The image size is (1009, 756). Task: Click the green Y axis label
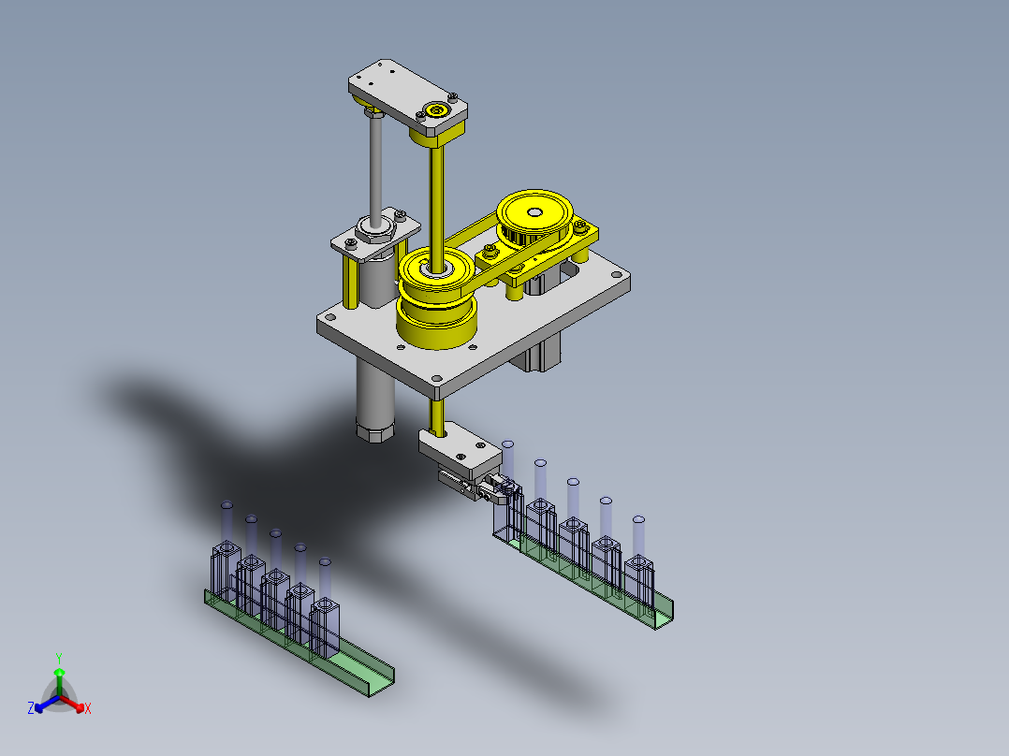59,659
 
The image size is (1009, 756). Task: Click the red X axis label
88,708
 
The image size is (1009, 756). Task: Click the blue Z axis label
30,707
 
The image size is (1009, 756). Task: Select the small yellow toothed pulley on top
534,219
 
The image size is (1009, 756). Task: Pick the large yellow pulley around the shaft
436,298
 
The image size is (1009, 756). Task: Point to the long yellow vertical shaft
437,206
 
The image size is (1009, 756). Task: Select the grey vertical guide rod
376,167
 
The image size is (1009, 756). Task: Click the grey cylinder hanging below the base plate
374,399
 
